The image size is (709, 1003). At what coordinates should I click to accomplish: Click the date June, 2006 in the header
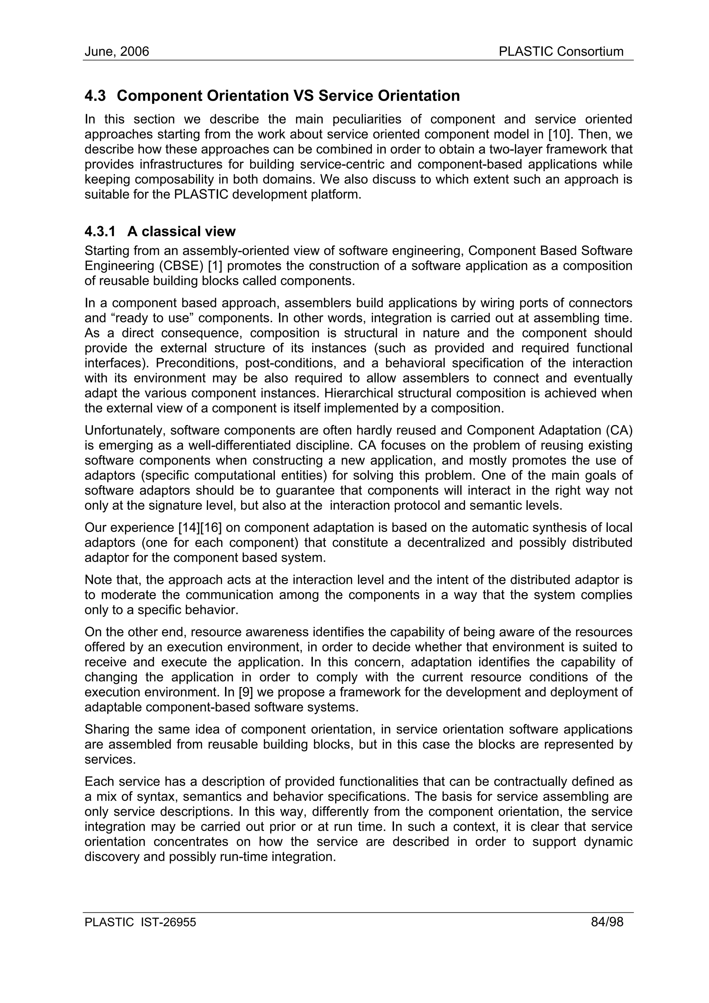point(117,52)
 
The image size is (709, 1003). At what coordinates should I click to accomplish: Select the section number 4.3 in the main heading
point(95,96)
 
